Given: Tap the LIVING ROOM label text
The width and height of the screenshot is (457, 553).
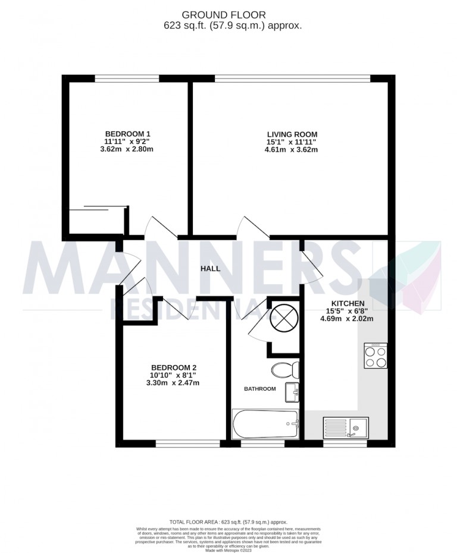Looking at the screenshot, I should (x=292, y=135).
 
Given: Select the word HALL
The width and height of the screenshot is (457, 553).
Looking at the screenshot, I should (x=210, y=269).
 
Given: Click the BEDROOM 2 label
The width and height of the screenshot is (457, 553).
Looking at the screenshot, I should (x=173, y=367).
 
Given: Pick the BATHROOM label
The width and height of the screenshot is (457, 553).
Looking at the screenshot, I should (x=260, y=389).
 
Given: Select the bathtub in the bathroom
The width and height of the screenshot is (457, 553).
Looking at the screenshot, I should (x=265, y=423).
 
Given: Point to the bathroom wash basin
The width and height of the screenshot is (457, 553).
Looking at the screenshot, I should (x=293, y=392).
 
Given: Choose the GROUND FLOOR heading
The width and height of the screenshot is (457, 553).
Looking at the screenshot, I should (x=232, y=14).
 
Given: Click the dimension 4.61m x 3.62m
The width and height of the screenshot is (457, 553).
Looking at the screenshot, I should (x=292, y=150).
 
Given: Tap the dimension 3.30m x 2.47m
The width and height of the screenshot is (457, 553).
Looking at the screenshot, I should (x=174, y=383).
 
